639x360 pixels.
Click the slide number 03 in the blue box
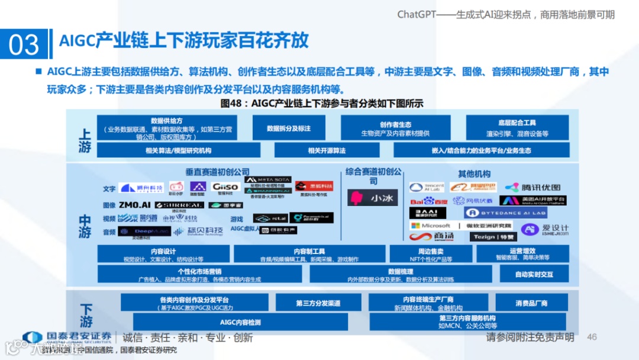(24, 45)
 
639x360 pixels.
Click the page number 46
(592, 337)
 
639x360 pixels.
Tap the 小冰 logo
(373, 198)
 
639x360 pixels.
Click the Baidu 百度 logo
(428, 201)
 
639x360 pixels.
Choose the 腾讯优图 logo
(532, 188)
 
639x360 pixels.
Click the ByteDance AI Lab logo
(505, 213)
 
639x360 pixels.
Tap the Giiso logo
(225, 187)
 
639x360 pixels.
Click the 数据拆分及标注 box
(288, 128)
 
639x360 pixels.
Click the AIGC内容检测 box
(240, 323)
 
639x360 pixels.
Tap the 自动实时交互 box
(534, 275)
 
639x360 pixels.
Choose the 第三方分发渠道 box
(318, 303)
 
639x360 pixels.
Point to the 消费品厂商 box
(531, 303)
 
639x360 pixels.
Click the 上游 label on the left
(85, 140)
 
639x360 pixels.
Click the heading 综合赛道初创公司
(373, 176)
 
